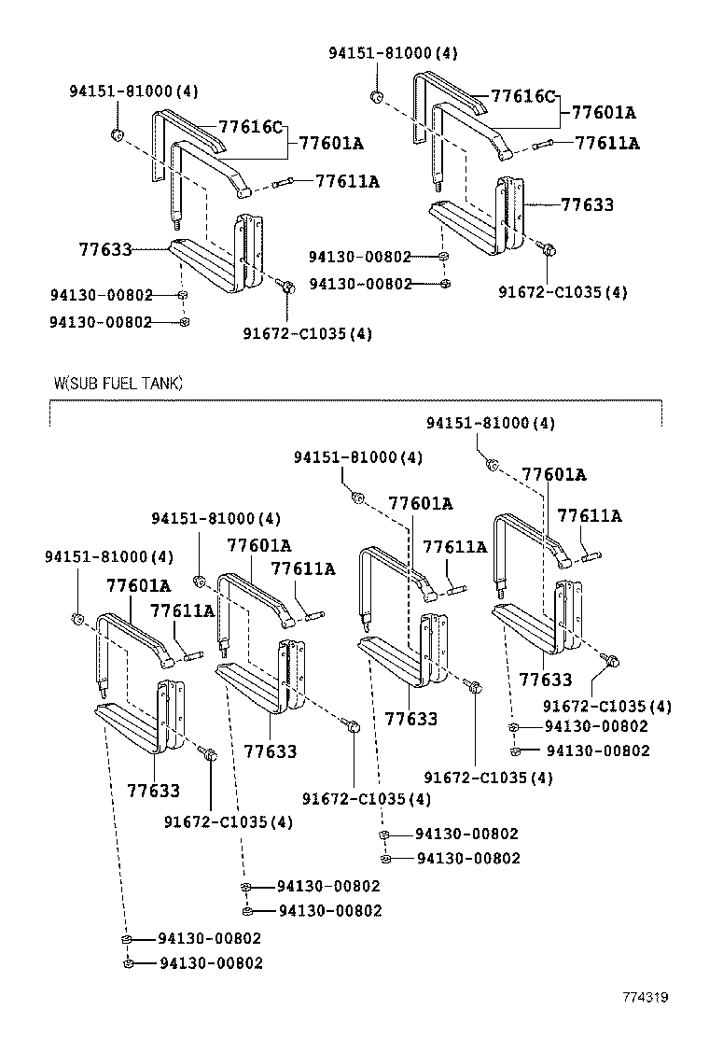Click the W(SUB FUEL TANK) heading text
tap(118, 383)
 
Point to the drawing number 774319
tap(646, 997)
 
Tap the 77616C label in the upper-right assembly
tap(523, 96)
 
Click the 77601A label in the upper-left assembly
tap(331, 143)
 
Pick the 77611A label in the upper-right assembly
tap(607, 143)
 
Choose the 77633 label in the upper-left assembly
tap(104, 249)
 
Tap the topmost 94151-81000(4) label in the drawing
tap(393, 53)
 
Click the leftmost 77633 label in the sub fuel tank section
tap(153, 791)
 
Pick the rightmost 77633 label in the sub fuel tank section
tap(546, 680)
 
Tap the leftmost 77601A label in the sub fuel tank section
tap(138, 585)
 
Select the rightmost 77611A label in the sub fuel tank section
tap(590, 515)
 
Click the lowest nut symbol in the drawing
tap(129, 962)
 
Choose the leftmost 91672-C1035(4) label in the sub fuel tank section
tap(228, 821)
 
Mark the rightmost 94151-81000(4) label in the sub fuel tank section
tap(491, 423)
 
